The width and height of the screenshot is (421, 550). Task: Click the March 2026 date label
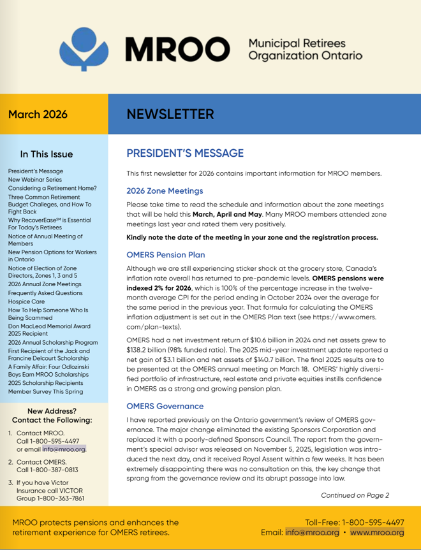pos(38,115)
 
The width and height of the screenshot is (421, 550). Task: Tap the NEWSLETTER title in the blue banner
pos(170,114)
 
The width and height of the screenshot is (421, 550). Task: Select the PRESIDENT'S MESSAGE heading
pos(185,153)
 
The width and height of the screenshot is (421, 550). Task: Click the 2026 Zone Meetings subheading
pos(165,191)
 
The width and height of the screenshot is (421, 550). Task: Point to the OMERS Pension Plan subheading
pos(166,254)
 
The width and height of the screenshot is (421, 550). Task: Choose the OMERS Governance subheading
pos(165,406)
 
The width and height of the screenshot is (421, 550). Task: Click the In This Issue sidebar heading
pos(47,154)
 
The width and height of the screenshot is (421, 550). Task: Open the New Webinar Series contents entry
pos(35,180)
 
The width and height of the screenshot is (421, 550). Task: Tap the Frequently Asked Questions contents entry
pos(45,293)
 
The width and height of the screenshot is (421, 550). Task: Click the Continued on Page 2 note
pos(355,495)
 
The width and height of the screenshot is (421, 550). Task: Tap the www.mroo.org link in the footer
pos(377,532)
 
